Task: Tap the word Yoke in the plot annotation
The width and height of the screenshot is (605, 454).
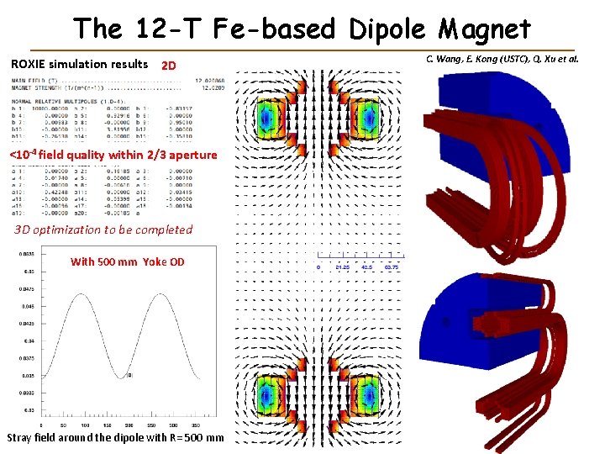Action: click(155, 261)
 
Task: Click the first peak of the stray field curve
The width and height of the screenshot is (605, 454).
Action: click(75, 296)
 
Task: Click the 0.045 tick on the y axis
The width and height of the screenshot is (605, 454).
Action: click(29, 306)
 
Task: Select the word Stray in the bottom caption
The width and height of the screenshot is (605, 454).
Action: click(23, 438)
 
